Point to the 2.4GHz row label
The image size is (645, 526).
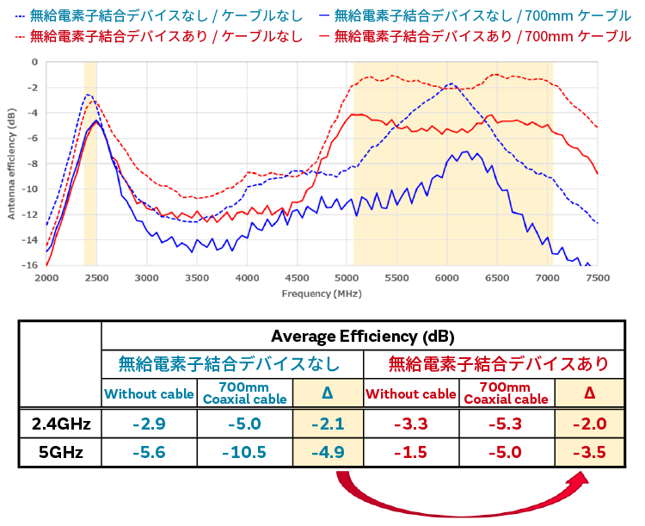(60, 424)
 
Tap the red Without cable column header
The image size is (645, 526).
(410, 394)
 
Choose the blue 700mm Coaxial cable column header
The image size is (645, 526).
(245, 393)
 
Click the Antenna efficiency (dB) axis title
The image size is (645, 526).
(11, 164)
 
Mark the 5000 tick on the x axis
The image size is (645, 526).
(347, 278)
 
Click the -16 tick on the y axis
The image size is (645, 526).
(31, 265)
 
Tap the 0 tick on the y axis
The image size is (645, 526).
(34, 62)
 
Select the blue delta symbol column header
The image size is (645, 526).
(327, 393)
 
